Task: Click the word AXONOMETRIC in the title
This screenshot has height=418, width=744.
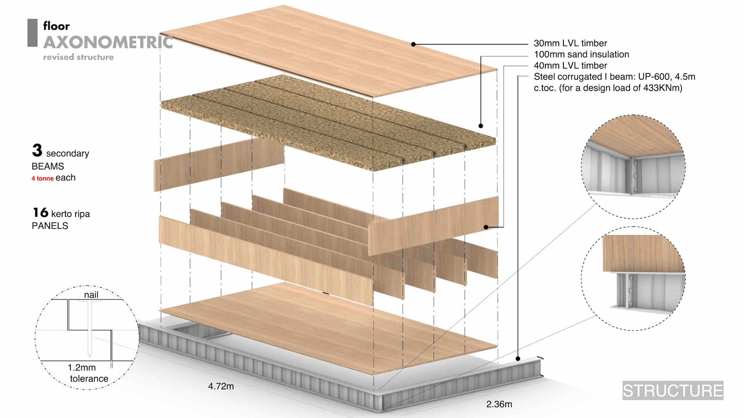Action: pyautogui.click(x=108, y=42)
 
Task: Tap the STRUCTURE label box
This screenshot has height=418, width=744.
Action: pyautogui.click(x=673, y=391)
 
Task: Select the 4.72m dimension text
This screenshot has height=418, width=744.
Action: pyautogui.click(x=221, y=386)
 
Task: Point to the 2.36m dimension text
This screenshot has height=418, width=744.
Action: pyautogui.click(x=499, y=404)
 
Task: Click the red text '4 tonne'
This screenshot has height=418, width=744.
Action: pyautogui.click(x=43, y=178)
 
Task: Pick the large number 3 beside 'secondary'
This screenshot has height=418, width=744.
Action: pyautogui.click(x=37, y=151)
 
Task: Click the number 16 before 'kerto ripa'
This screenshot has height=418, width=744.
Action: pyautogui.click(x=40, y=212)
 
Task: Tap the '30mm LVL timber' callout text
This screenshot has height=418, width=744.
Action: pyautogui.click(x=570, y=43)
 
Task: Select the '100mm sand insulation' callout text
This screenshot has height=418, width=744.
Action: pyautogui.click(x=581, y=55)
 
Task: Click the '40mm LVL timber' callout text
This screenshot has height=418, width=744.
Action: pyautogui.click(x=570, y=66)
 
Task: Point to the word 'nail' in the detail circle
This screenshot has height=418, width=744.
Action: pyautogui.click(x=91, y=295)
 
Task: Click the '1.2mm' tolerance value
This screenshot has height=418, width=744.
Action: pyautogui.click(x=82, y=367)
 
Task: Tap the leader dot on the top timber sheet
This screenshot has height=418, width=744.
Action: pyautogui.click(x=413, y=45)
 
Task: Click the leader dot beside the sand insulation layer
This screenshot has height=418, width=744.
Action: pyautogui.click(x=480, y=126)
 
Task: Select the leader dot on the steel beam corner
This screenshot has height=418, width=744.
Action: pyautogui.click(x=518, y=359)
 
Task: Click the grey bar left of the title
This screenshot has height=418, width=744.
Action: pyautogui.click(x=33, y=33)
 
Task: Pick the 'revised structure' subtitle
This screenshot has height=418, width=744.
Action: pyautogui.click(x=78, y=57)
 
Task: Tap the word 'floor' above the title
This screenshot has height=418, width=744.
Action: pyautogui.click(x=57, y=26)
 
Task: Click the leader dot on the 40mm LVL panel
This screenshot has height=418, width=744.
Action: pyautogui.click(x=486, y=227)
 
